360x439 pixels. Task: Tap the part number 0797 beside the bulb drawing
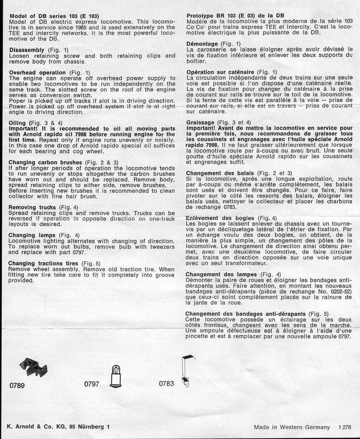pos(92,385)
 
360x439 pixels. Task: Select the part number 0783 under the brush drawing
pos(167,385)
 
